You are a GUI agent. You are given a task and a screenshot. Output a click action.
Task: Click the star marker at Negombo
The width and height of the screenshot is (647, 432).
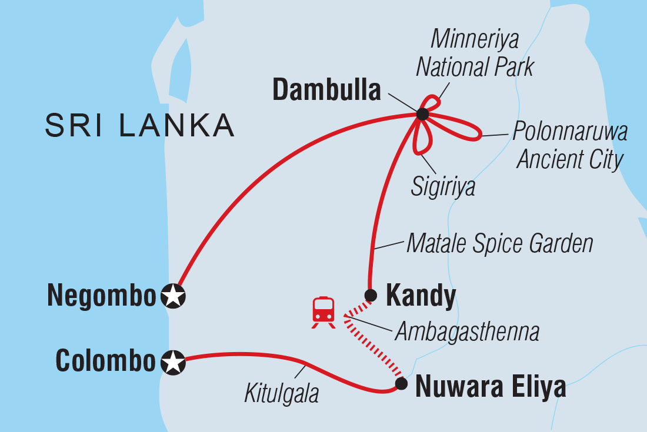click(x=173, y=297)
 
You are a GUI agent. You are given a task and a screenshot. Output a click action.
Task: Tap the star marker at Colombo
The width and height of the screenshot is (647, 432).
click(x=173, y=363)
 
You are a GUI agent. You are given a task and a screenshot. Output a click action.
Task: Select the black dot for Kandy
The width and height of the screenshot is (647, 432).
click(x=371, y=295)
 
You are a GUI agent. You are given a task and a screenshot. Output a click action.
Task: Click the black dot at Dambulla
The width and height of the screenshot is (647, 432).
click(x=422, y=114)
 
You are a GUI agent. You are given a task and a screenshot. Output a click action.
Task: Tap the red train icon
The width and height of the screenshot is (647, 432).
click(x=323, y=312)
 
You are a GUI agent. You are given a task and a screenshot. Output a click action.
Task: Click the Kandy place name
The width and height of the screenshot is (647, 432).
click(x=420, y=297)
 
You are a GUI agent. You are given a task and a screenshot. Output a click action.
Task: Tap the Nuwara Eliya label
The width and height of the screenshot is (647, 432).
click(x=491, y=387)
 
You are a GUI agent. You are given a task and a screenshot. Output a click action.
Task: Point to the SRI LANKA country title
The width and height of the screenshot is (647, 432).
click(x=139, y=126)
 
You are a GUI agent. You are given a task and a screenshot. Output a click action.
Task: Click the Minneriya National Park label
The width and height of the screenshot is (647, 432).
click(x=475, y=53)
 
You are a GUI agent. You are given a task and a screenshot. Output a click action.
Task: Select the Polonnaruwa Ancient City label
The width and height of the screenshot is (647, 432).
click(x=569, y=146)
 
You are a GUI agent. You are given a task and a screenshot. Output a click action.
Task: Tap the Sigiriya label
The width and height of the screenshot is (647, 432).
click(x=443, y=189)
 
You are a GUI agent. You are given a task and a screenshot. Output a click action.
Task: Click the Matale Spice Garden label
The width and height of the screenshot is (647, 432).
click(x=500, y=243)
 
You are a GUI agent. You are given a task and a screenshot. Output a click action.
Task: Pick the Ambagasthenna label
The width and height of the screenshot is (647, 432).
click(x=467, y=332)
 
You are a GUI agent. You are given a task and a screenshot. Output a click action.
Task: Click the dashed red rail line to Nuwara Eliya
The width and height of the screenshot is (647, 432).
click(x=376, y=347)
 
